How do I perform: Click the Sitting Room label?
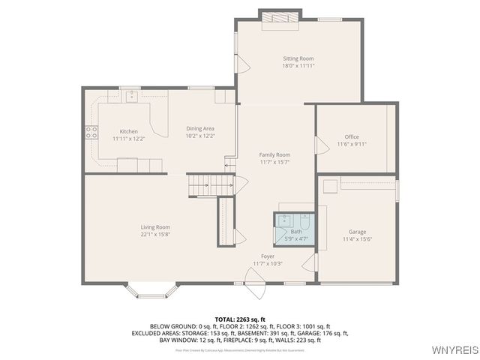click(x=298, y=58)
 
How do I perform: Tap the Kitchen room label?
click(x=129, y=131)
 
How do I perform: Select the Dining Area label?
click(x=200, y=128)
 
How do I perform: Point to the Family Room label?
click(x=274, y=154)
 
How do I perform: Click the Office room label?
click(x=352, y=136)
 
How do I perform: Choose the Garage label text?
click(x=357, y=232)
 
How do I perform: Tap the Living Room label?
click(x=155, y=227)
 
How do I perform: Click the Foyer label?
click(x=268, y=256)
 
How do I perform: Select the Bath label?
click(x=297, y=232)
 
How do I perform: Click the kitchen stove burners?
click(x=91, y=133)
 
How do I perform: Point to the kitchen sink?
click(x=131, y=94)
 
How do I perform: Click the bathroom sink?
click(x=285, y=220)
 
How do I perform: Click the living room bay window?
click(x=152, y=292)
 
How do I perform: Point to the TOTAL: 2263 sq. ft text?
click(x=240, y=319)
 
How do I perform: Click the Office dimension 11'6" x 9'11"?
click(x=352, y=144)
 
